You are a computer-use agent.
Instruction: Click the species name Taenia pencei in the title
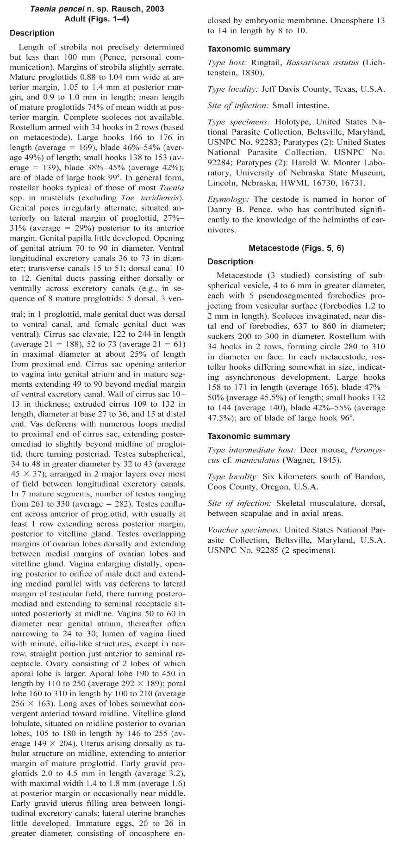click(53, 9)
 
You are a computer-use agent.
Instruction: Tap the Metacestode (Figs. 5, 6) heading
click(296, 248)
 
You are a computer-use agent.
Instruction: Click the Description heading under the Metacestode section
click(230, 261)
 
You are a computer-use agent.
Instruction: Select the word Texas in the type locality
click(341, 89)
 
